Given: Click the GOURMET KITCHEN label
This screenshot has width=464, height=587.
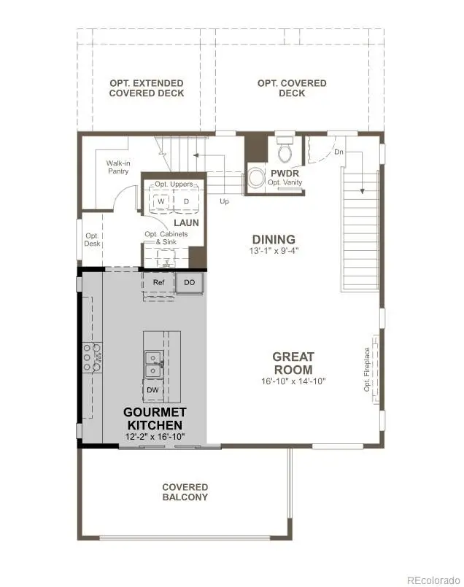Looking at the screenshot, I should pos(155,419).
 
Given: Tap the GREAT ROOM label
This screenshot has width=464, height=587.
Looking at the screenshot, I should pos(293,363).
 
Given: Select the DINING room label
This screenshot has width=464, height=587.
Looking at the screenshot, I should pos(274,239).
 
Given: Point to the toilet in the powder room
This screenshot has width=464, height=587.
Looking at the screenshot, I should pos(285,151).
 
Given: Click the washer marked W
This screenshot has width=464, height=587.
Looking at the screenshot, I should pos(161,201).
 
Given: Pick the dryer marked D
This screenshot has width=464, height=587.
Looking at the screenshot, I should pos(186,201).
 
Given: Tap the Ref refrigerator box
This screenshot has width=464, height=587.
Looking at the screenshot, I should pos(158,282).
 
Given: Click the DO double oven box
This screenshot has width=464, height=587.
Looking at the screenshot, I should pos(190,282).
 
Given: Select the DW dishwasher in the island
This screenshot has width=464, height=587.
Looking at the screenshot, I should pos(152,390).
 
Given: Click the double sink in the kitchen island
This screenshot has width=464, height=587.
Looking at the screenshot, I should pos(153,365).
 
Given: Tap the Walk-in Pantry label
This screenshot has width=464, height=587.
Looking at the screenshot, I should pos(120,168).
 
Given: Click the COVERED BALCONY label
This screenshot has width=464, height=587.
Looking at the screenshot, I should pos(185,492).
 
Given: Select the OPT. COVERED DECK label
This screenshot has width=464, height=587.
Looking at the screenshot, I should pos(292,88).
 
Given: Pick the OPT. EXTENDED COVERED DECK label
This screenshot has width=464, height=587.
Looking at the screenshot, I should pos(146,88).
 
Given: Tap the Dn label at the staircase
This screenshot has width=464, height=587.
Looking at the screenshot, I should pos(339,152).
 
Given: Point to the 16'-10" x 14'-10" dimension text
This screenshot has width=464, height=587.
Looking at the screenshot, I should pos(293,381).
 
